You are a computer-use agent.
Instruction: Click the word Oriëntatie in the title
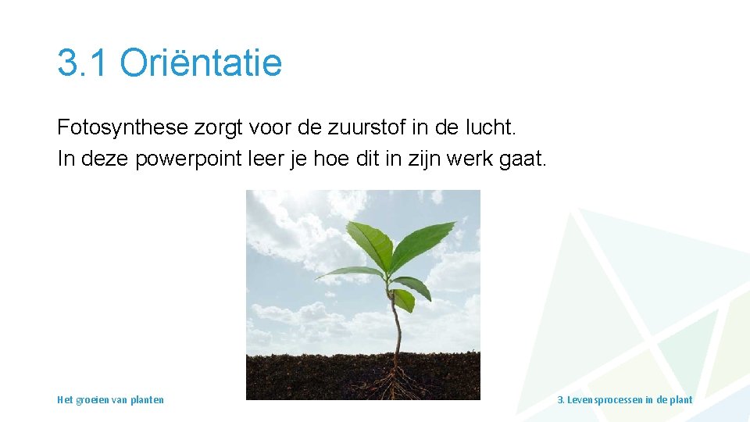[201, 63]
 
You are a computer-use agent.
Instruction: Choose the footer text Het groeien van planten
[110, 400]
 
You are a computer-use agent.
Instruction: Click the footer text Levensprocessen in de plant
[624, 400]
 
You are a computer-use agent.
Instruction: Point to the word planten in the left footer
[148, 400]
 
